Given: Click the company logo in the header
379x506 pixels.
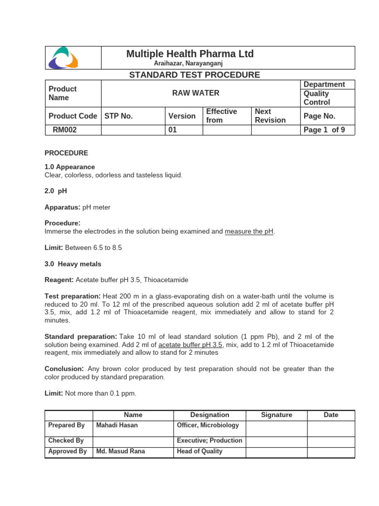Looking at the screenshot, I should pyautogui.click(x=63, y=57).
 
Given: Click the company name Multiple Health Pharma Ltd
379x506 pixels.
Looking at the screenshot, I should pyautogui.click(x=190, y=54).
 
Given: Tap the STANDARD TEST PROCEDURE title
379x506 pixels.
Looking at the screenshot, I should pyautogui.click(x=194, y=75).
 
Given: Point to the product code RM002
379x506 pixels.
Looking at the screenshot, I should pyautogui.click(x=65, y=130).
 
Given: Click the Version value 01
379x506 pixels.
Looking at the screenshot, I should pyautogui.click(x=173, y=130).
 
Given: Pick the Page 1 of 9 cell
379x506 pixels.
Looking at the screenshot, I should pyautogui.click(x=324, y=130).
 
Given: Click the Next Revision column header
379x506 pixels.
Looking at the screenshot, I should pyautogui.click(x=270, y=116).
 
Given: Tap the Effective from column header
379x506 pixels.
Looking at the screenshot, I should pyautogui.click(x=222, y=116).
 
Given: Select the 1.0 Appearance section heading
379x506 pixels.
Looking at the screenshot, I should pyautogui.click(x=70, y=167).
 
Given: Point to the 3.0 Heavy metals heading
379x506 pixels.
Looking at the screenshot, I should pyautogui.click(x=73, y=264).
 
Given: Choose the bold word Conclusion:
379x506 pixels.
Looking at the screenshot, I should pyautogui.click(x=65, y=369).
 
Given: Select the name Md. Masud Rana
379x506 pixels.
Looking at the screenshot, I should pyautogui.click(x=120, y=451).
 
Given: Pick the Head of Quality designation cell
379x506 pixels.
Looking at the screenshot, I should pyautogui.click(x=199, y=451).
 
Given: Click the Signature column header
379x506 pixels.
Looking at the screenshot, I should pyautogui.click(x=276, y=415).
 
